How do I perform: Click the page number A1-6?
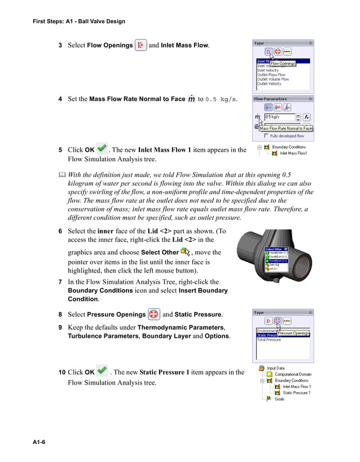(38, 442)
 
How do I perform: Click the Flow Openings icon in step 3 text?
(141, 45)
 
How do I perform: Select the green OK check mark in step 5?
(102, 149)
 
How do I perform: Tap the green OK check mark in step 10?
(102, 371)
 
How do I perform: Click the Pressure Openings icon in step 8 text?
(153, 314)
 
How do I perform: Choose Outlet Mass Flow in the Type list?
(271, 75)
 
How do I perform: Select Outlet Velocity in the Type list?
(269, 84)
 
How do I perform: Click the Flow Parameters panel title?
(270, 99)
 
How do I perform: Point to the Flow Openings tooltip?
(283, 64)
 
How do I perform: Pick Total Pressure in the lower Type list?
(269, 340)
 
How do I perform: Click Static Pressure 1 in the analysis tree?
(296, 393)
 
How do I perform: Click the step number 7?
(60, 281)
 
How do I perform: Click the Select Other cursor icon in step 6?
(185, 252)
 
